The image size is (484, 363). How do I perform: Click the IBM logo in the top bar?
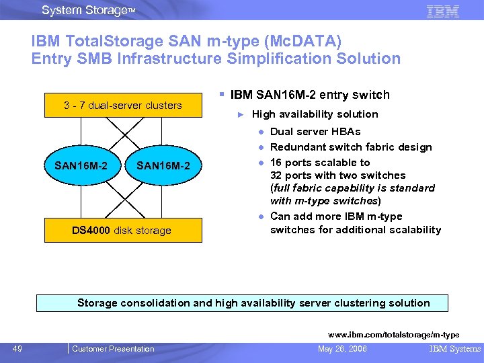tap(443, 11)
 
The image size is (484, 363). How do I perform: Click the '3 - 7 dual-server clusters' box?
tap(122, 106)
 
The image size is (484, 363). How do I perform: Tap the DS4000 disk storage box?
tap(122, 231)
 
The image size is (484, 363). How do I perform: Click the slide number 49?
tap(18, 348)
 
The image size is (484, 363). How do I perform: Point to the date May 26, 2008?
tap(343, 349)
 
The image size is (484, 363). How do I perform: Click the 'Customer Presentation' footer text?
tap(113, 349)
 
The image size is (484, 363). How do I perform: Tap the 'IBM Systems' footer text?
tap(455, 349)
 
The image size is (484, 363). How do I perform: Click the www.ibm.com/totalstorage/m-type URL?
tap(393, 335)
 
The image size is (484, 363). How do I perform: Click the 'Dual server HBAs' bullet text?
tap(315, 132)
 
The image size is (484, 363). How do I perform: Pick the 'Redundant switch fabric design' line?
tap(351, 147)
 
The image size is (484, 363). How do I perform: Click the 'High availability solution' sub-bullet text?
tap(315, 114)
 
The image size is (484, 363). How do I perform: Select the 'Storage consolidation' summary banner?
tap(253, 303)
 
